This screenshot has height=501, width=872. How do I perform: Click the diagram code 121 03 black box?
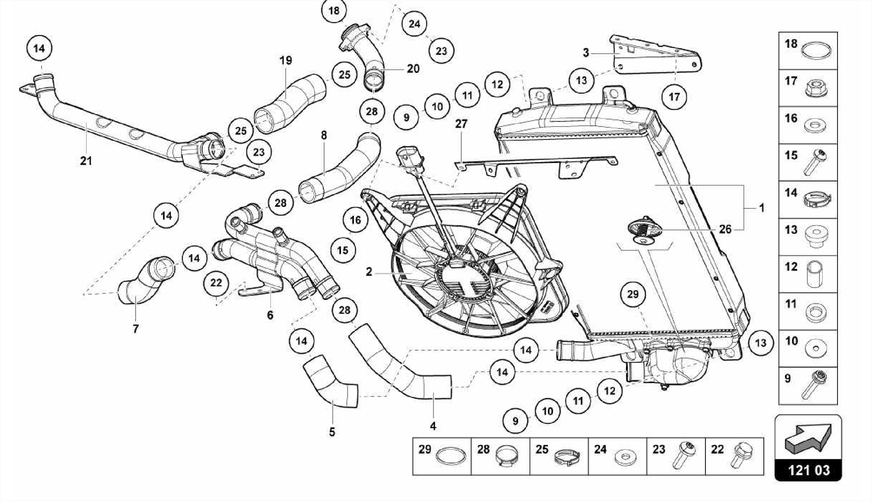808,470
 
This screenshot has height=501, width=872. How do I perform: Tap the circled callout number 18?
334,11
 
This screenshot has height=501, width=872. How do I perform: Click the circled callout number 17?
674,97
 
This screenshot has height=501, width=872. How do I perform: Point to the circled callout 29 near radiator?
633,294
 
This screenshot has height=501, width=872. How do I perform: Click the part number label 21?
86,161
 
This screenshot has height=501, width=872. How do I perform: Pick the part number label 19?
286,60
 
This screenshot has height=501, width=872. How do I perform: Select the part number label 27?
461,124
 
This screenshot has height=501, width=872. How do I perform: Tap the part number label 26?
725,229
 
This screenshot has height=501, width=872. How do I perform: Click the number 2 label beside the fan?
369,272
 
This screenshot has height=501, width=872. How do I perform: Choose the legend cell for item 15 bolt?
808,162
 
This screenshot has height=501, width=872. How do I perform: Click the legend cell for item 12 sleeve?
808,274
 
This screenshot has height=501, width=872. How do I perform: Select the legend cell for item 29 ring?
442,456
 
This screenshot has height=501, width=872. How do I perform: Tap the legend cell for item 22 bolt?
734,456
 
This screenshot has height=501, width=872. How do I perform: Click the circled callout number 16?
355,220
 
